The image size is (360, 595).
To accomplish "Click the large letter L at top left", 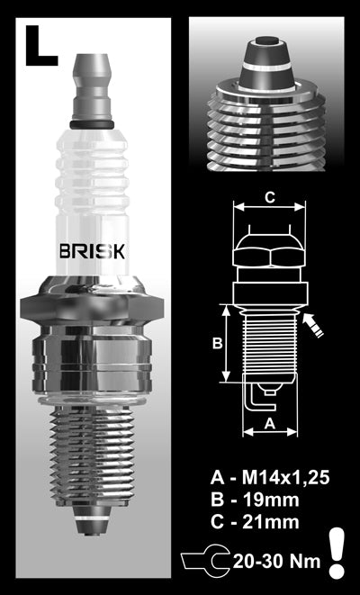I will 40,47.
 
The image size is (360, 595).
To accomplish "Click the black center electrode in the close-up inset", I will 266,42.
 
